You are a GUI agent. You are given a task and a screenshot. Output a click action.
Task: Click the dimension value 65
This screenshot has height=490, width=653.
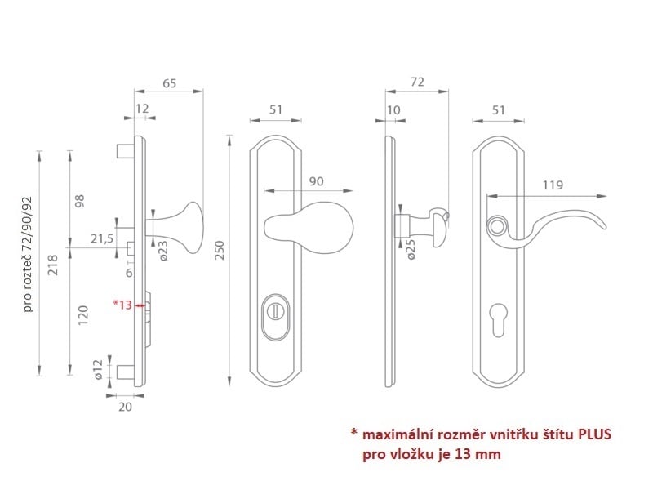click(x=169, y=83)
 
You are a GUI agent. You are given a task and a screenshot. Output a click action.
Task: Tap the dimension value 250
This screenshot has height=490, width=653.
click(x=220, y=250)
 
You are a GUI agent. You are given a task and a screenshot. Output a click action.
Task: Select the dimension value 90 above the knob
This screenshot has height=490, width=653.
click(x=316, y=181)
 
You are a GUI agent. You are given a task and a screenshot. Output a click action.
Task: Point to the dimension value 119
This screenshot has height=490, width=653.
click(x=553, y=185)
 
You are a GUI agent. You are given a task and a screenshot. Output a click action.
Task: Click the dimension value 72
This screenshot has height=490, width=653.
click(x=417, y=82)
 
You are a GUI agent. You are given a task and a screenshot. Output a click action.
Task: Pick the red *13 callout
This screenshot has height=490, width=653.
click(x=123, y=305)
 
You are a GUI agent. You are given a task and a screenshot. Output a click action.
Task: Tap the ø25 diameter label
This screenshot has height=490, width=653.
click(x=411, y=250)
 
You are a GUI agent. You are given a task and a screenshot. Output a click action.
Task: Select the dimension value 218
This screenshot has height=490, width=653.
click(x=53, y=265)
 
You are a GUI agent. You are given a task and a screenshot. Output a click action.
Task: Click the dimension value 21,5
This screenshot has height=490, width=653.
click(x=102, y=238)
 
